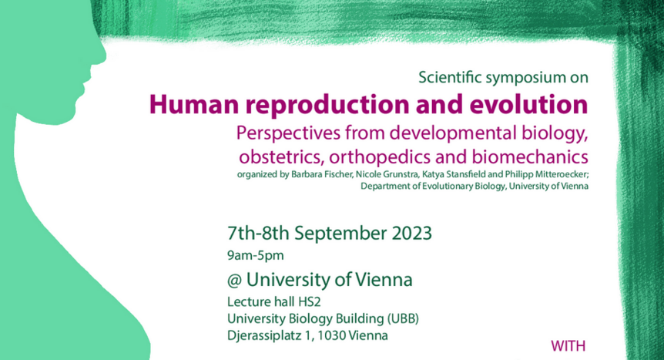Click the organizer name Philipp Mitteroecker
tap(546, 174)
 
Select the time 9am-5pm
tap(255, 256)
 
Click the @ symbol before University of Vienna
tap(234, 281)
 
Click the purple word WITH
tap(568, 346)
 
